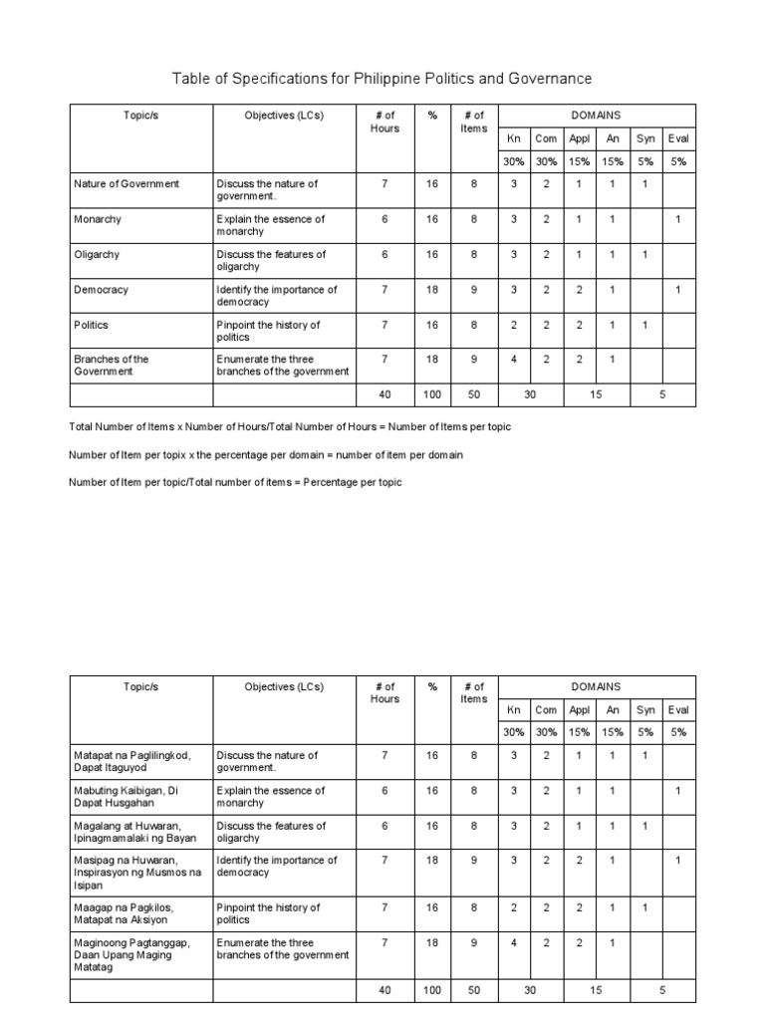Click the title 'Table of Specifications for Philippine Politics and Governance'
(382, 78)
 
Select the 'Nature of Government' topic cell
(127, 183)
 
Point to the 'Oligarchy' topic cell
(97, 254)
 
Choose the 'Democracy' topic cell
(102, 290)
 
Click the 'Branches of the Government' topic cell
(112, 365)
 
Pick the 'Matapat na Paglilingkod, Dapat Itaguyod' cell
(131, 761)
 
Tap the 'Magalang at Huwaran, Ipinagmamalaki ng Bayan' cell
(135, 831)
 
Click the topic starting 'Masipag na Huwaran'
(137, 873)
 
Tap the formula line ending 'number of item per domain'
(266, 454)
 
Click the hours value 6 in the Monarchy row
(384, 219)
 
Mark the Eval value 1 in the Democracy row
(678, 290)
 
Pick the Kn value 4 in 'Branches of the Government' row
(514, 359)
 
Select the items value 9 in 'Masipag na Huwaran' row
(474, 860)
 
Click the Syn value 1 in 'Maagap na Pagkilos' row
(645, 907)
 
